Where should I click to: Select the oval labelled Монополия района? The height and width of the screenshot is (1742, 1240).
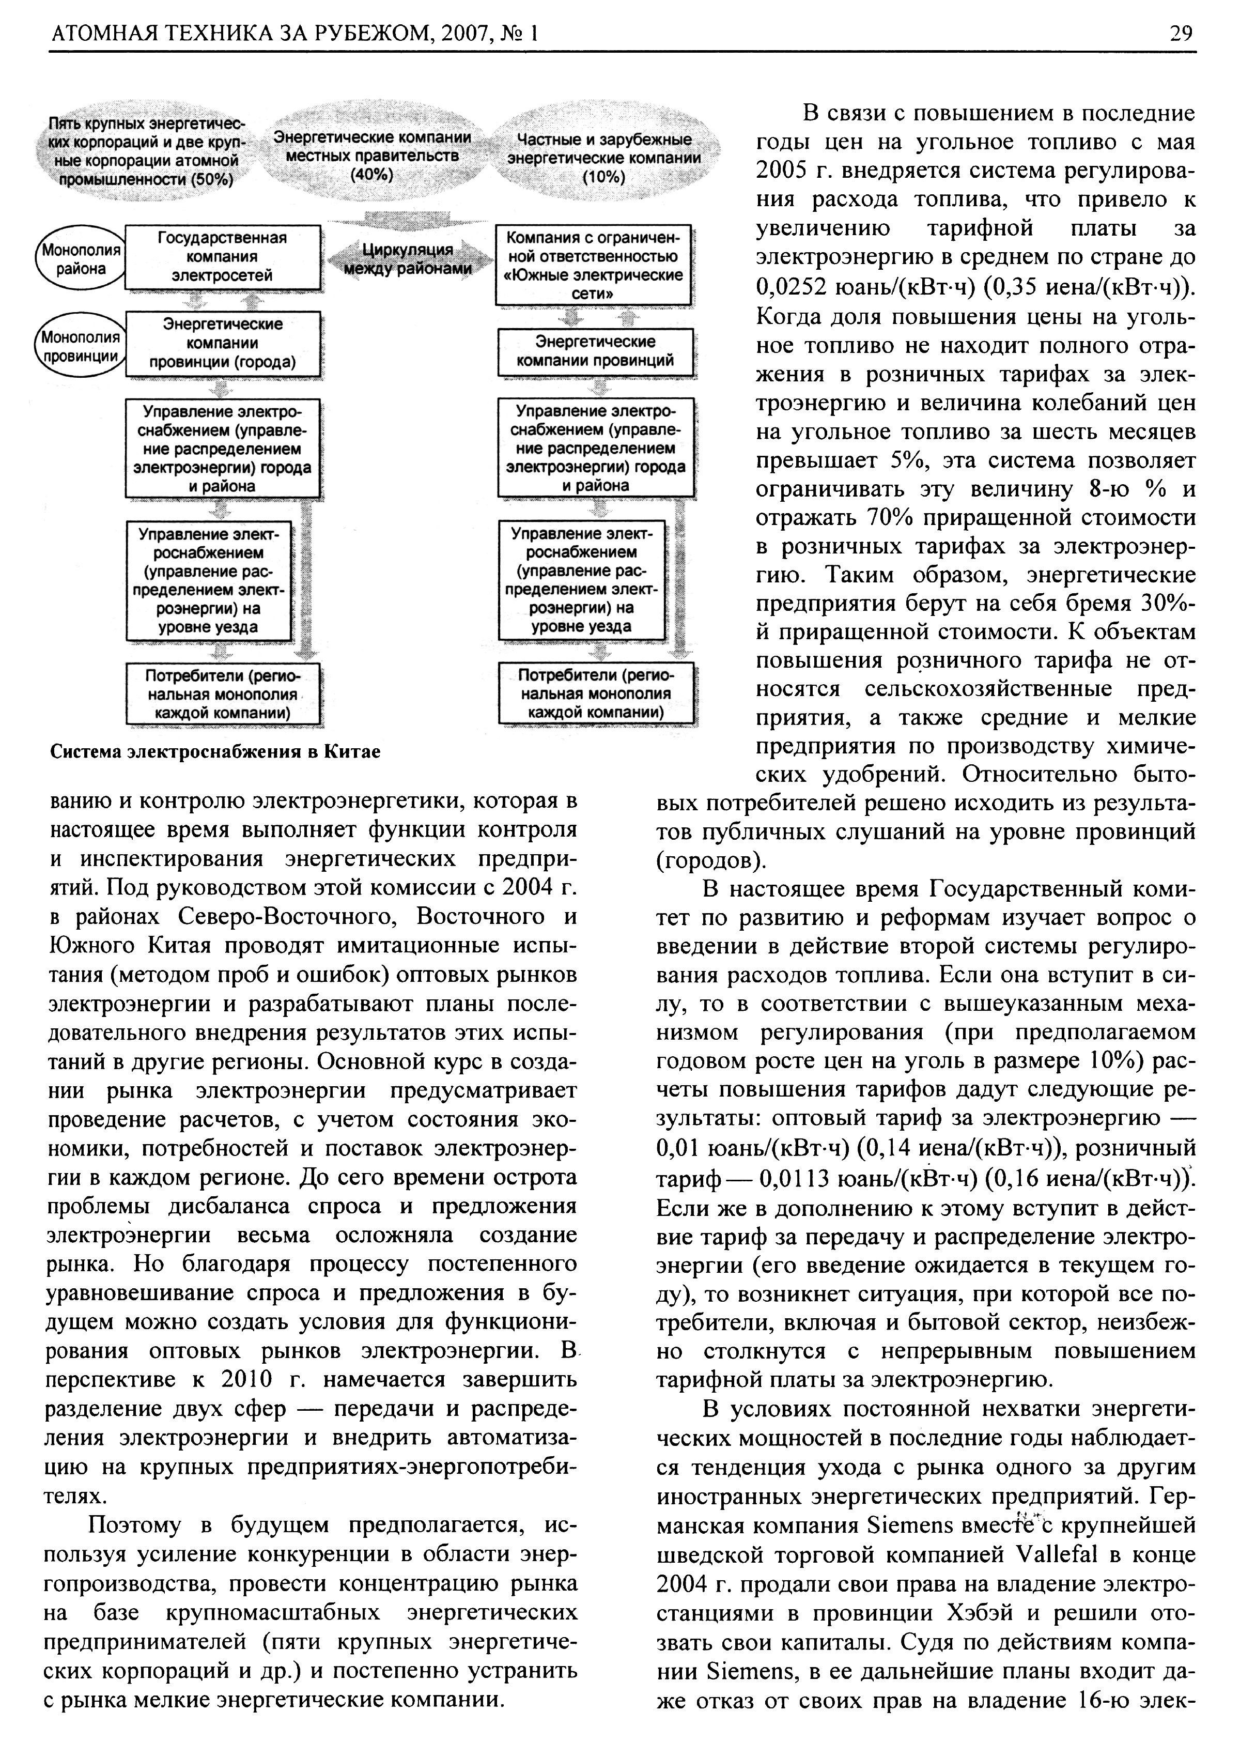coord(80,259)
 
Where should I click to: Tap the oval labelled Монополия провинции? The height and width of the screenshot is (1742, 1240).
coord(80,346)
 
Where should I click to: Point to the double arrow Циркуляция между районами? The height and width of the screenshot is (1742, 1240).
coord(408,259)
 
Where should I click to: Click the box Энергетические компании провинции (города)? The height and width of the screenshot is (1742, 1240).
coord(222,344)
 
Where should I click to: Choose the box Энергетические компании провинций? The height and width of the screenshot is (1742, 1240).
coord(595,351)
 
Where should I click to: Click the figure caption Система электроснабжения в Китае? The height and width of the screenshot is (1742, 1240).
coord(215,751)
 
